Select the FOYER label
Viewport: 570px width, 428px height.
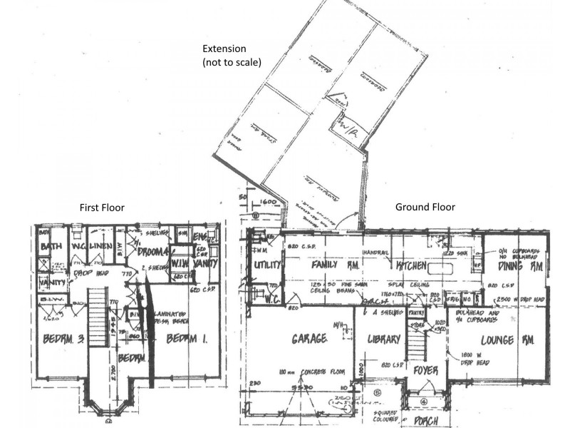(x=425, y=370)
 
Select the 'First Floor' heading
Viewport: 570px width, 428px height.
(x=103, y=208)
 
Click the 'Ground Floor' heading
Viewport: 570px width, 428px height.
(x=425, y=208)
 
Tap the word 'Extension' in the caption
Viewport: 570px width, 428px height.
(x=224, y=49)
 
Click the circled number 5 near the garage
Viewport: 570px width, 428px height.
(x=378, y=391)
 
